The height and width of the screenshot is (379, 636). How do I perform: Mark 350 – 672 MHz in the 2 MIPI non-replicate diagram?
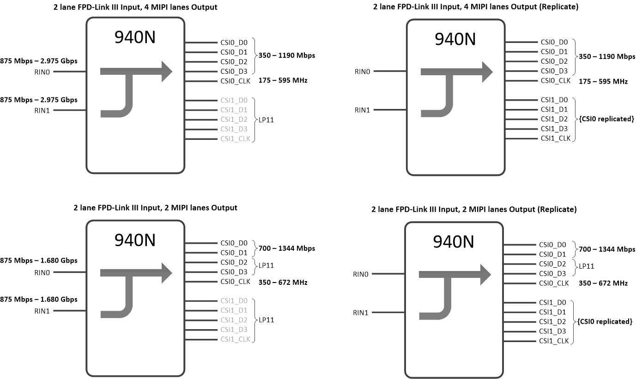pyautogui.click(x=283, y=282)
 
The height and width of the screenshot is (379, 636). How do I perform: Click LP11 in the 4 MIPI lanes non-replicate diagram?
pyautogui.click(x=267, y=119)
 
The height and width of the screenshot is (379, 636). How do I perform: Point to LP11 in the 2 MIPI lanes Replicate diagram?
pyautogui.click(x=586, y=266)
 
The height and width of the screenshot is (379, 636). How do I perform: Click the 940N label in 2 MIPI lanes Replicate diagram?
pyautogui.click(x=454, y=241)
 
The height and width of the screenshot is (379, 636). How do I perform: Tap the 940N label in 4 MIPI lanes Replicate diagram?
pyautogui.click(x=455, y=39)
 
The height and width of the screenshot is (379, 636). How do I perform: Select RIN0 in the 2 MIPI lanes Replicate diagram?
pyautogui.click(x=360, y=274)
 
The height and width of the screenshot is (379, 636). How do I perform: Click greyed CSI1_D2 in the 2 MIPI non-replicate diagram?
pyautogui.click(x=234, y=320)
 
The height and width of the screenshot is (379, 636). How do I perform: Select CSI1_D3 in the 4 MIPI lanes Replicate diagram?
pyautogui.click(x=554, y=129)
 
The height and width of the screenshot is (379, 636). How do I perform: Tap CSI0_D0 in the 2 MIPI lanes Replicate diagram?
pyautogui.click(x=552, y=245)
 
